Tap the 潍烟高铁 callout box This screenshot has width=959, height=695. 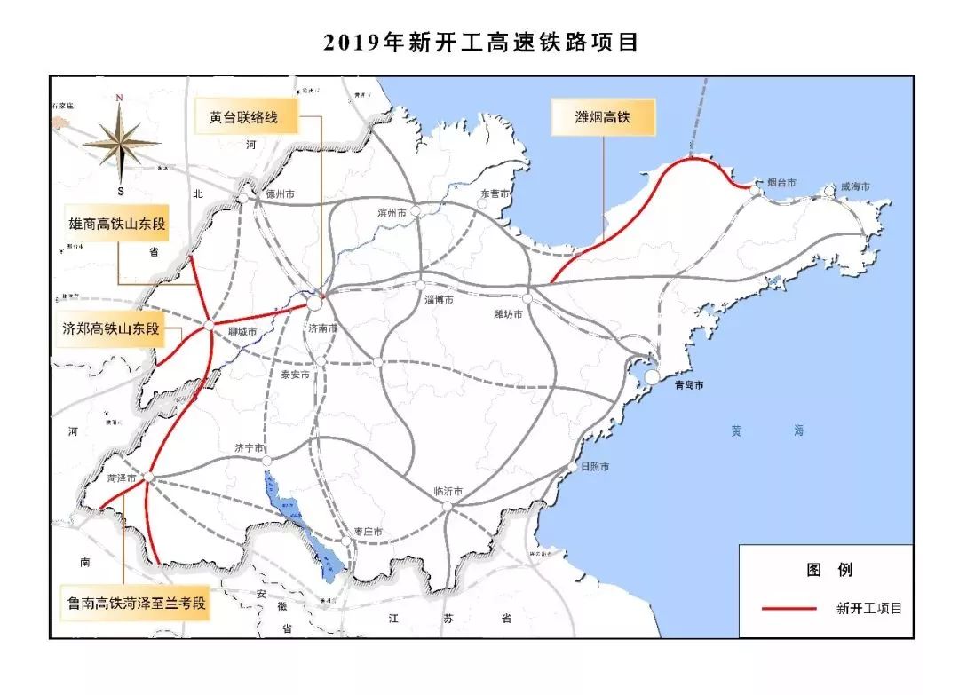603,116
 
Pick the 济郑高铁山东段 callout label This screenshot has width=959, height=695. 113,328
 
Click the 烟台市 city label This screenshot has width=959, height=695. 781,183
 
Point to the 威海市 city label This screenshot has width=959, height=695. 854,187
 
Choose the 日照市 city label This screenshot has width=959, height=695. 594,467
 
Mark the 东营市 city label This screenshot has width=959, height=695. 495,193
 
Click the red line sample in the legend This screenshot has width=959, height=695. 789,608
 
